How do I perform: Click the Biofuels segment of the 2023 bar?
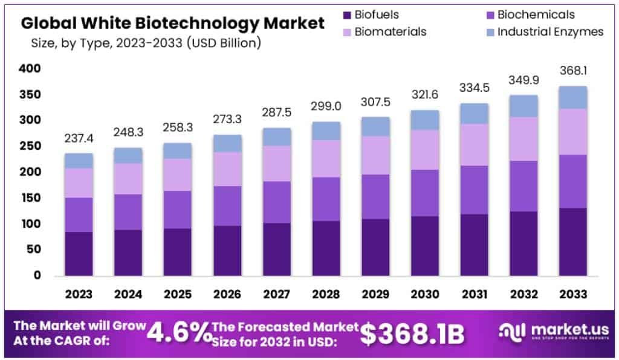click(79, 254)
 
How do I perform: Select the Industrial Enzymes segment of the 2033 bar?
click(572, 97)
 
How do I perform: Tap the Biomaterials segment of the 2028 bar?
click(326, 158)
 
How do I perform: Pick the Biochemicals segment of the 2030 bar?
click(424, 193)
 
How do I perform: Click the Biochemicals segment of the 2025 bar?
click(177, 210)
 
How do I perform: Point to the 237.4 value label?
click(79, 140)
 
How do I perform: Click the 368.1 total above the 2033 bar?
click(572, 71)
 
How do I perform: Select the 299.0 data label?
click(326, 106)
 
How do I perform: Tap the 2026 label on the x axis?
click(227, 295)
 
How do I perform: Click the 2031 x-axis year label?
click(474, 295)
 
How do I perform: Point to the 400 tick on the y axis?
click(29, 69)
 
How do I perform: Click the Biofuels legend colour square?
click(346, 15)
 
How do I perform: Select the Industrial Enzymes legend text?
click(550, 32)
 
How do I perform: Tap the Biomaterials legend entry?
click(391, 32)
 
